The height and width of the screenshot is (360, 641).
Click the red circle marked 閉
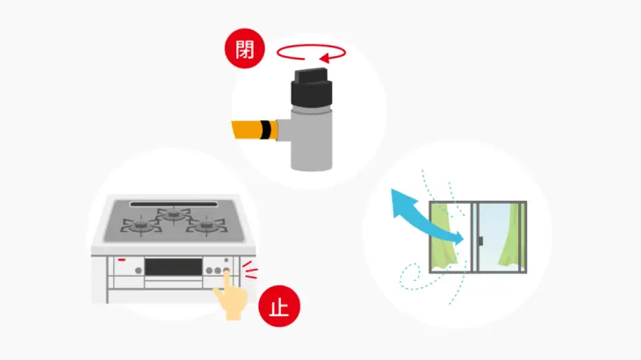(244, 48)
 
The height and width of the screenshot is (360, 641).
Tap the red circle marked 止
(279, 306)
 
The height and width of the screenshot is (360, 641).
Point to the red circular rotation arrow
(311, 46)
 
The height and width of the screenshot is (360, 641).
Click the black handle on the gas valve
(312, 87)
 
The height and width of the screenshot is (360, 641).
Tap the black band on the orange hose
(266, 130)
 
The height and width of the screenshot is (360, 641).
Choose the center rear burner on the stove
(174, 213)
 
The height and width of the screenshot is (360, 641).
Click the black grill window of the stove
(173, 267)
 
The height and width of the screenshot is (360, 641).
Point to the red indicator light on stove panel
(121, 260)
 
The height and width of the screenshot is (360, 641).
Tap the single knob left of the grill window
(139, 270)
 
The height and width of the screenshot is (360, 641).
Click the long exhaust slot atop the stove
(174, 204)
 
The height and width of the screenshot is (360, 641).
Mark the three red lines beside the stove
(250, 270)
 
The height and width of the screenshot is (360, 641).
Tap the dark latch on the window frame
(481, 241)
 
